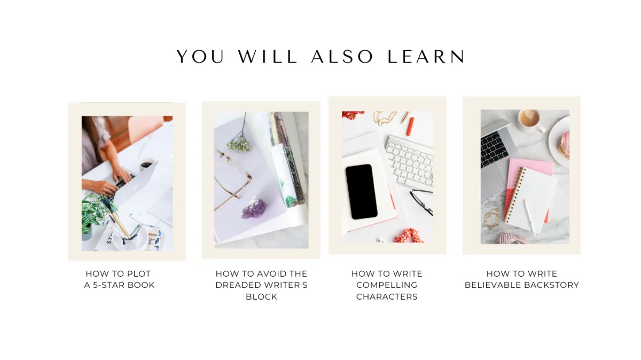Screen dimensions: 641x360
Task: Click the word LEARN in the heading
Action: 426,57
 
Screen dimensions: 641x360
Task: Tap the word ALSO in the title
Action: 342,57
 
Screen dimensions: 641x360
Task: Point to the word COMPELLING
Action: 387,285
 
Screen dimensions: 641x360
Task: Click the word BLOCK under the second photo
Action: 261,297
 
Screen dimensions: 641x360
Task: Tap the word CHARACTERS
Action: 387,297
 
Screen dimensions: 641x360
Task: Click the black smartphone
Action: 361,192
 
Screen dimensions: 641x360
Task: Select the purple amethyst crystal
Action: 254,208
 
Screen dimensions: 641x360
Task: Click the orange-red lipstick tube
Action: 410,126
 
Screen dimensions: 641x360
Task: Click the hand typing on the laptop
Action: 122,174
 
